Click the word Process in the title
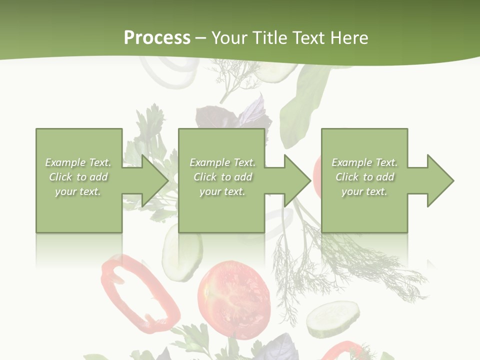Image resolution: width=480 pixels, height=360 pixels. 157,37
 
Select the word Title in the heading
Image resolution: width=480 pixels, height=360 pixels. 269,38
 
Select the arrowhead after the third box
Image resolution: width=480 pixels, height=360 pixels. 439,180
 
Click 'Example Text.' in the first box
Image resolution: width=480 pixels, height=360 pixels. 78,162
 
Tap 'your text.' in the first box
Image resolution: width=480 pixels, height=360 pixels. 78,191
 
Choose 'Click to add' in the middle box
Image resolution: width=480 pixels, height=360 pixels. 222,177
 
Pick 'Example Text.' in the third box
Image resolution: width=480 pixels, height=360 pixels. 364,162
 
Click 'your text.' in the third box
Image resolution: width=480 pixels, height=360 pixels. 364,191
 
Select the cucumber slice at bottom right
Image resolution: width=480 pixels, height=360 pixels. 332,318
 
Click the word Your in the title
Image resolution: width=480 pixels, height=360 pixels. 230,38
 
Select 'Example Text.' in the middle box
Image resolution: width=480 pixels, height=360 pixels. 222,162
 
